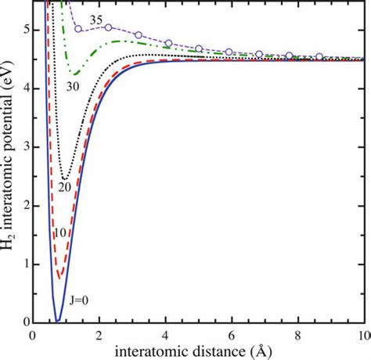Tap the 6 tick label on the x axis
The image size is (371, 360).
231,334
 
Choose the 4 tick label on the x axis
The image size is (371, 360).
164,334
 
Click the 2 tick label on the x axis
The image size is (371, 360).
99,334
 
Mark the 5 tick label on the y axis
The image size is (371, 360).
23,31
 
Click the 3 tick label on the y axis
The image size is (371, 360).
23,147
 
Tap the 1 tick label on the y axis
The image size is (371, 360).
23,264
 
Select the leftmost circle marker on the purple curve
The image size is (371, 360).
78,29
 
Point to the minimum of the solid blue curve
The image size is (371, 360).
57,320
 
